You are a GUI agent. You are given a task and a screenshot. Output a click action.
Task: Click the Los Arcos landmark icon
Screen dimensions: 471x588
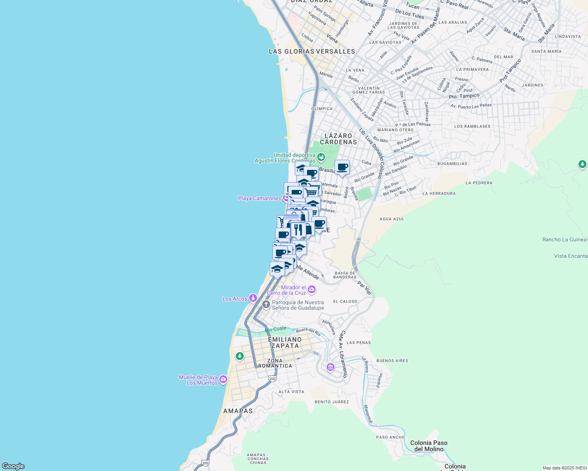pos(253,298)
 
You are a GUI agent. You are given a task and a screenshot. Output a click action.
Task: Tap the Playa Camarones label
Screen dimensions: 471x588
pos(259,198)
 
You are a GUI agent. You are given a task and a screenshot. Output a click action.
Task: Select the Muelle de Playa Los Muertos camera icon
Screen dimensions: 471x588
pos(223,379)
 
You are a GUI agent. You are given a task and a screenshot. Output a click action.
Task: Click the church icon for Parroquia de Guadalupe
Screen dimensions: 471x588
pos(266,304)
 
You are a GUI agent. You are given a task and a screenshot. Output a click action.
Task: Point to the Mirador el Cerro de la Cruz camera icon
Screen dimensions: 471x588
pos(312,290)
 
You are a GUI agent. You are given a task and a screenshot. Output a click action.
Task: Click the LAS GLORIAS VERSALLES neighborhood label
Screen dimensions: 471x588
pos(312,51)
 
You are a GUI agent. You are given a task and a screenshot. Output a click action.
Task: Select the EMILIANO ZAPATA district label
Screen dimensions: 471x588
pos(285,343)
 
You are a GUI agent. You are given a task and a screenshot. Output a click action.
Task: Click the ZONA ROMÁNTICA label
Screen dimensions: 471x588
pos(275,363)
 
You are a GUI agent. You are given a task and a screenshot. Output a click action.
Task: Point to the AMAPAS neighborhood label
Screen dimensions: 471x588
pos(238,411)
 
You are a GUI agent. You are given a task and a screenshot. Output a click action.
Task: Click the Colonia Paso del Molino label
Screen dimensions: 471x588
pos(429,446)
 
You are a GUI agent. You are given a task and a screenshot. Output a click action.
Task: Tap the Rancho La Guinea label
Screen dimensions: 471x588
pos(564,239)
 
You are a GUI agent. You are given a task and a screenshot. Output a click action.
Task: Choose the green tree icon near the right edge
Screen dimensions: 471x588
pos(582,164)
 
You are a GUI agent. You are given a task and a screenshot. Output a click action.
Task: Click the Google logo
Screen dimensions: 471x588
pos(13,466)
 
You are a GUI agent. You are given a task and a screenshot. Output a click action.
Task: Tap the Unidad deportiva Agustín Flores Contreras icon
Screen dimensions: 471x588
pos(321,157)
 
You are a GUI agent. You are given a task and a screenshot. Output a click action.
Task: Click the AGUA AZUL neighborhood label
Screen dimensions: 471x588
pos(391,219)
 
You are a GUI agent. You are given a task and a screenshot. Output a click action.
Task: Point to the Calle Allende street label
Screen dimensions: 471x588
pos(307,271)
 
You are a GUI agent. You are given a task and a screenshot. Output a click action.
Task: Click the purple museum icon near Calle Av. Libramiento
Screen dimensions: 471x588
pos(331,367)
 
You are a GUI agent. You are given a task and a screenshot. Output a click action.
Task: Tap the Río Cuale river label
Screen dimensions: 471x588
pos(276,329)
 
